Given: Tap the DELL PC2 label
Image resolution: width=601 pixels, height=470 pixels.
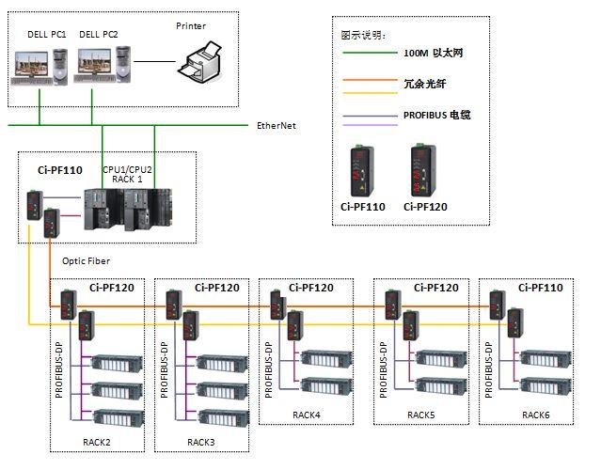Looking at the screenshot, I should click(x=98, y=35).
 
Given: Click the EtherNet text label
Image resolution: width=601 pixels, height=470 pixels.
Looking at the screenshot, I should click(x=277, y=125).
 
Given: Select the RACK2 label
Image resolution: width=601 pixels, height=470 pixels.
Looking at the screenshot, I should click(x=95, y=441).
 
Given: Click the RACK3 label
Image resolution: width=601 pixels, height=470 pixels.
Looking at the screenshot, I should click(x=200, y=441).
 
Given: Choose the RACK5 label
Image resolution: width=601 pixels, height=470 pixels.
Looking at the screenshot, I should click(x=420, y=414).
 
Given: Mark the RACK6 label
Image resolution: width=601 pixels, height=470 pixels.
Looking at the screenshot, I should click(x=536, y=414).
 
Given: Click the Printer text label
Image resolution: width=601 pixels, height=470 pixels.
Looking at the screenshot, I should click(x=191, y=26).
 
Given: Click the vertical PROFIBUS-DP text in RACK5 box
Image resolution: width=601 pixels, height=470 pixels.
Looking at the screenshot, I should click(x=383, y=368).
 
